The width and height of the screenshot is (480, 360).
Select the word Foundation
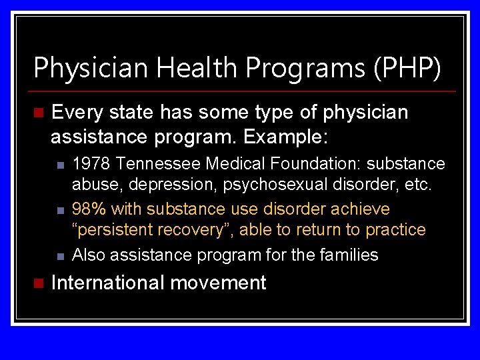point(311,164)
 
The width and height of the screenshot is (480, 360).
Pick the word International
point(107,283)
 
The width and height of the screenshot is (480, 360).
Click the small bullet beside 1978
point(59,165)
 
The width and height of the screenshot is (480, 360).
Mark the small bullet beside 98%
point(59,210)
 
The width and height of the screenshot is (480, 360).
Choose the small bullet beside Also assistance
point(59,255)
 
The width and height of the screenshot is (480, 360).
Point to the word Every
point(79,113)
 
